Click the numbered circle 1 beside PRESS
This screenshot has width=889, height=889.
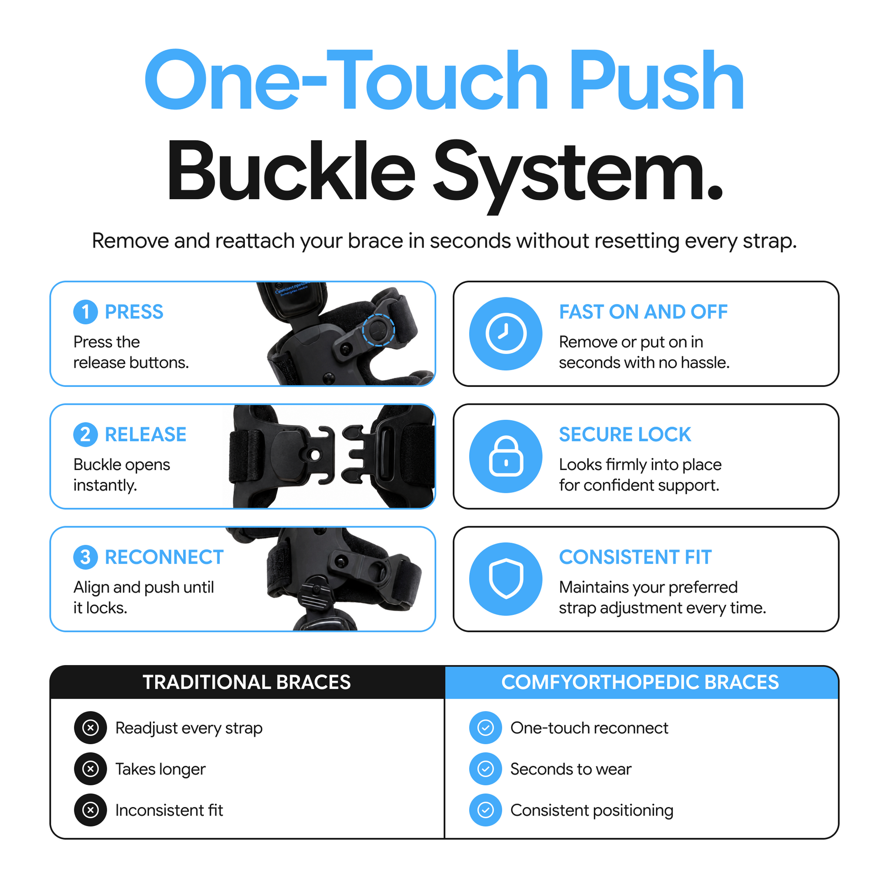(85, 312)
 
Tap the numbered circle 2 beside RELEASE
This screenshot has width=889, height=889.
(85, 434)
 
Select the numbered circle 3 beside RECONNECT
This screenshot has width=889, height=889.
(85, 557)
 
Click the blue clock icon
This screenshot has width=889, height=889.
(506, 333)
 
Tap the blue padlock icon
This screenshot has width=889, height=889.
(506, 456)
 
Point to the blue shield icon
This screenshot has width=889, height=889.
(506, 579)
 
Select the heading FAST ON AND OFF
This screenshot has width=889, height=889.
(643, 312)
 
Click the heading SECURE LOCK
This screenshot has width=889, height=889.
(625, 434)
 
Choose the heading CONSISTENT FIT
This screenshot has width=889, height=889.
(635, 557)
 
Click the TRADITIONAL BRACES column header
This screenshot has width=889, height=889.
(247, 682)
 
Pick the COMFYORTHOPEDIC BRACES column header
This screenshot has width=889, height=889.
(640, 682)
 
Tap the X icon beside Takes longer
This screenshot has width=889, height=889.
(90, 769)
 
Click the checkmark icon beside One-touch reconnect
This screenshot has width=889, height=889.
(486, 728)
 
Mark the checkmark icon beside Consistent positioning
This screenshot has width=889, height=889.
(486, 810)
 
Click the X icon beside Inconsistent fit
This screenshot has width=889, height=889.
(90, 810)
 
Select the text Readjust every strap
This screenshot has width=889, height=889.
(189, 728)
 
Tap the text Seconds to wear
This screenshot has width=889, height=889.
(571, 769)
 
